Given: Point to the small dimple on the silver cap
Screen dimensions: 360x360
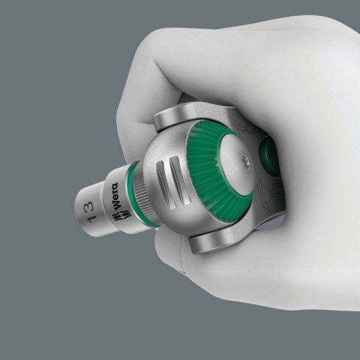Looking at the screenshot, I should coord(245,159).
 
